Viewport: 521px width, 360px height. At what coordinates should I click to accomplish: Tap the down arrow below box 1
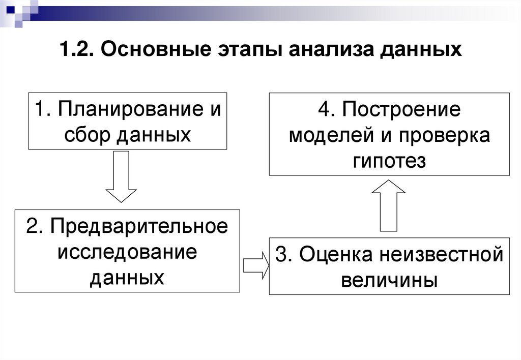(121, 177)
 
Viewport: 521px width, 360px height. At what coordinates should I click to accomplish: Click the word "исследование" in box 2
(127, 252)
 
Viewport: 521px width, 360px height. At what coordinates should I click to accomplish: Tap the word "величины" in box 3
(389, 280)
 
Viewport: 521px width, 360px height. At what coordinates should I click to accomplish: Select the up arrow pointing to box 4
(389, 205)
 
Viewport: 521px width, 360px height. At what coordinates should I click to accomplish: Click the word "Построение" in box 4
(401, 110)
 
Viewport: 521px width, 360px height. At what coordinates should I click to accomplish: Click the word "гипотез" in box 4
(389, 161)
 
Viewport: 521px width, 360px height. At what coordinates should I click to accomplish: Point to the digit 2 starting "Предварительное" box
(31, 226)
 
